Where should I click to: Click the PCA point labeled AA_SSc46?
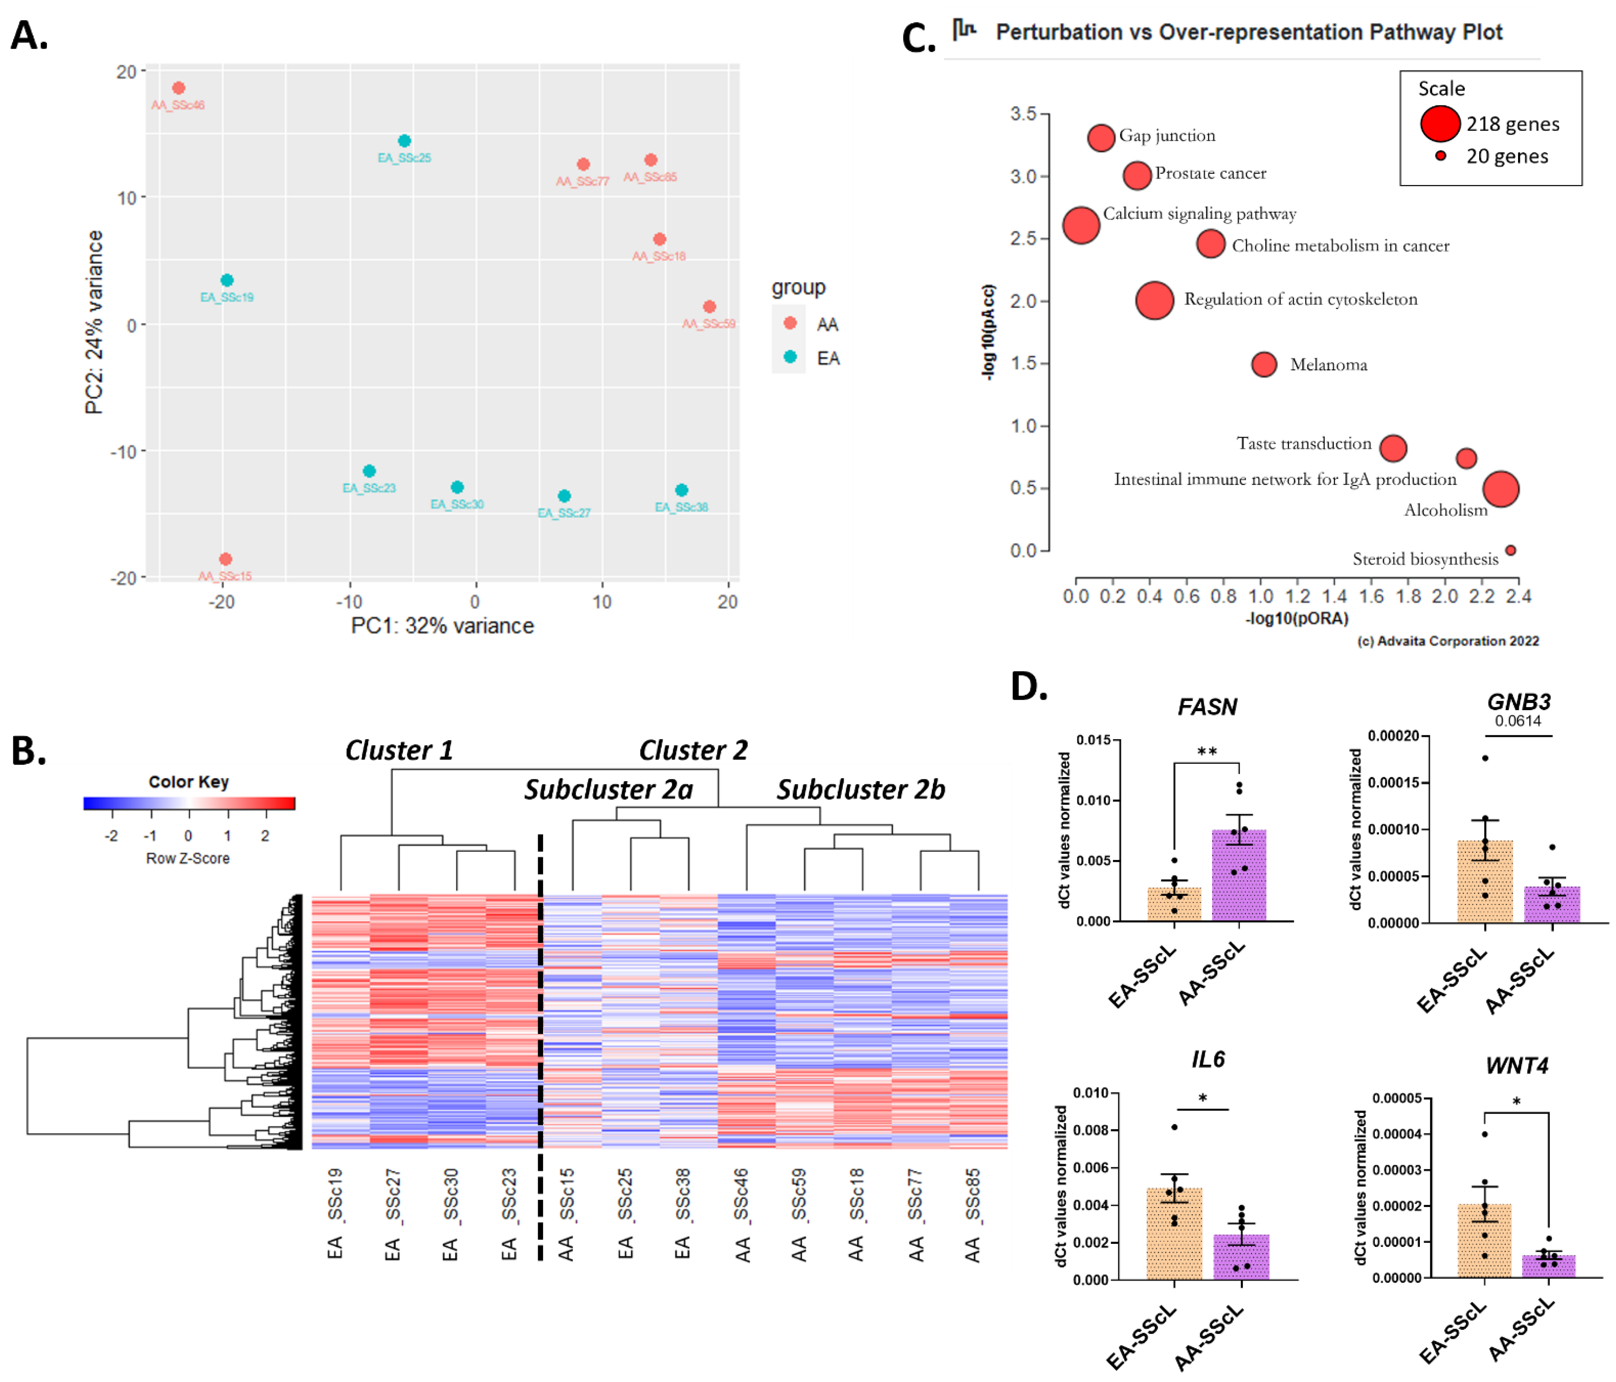[179, 88]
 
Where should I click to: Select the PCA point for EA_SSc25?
[404, 141]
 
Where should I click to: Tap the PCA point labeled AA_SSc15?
[225, 559]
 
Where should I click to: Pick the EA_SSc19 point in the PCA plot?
[227, 280]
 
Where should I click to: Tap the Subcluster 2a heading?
[608, 790]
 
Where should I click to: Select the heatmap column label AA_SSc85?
[973, 1214]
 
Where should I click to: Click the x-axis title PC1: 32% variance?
[442, 626]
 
